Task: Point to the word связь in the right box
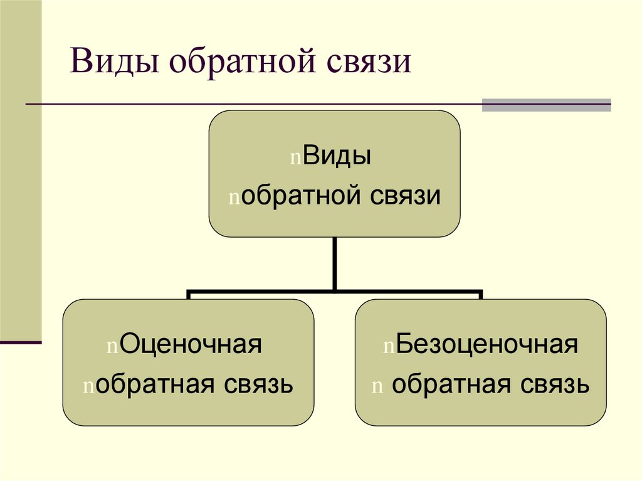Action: coord(557,384)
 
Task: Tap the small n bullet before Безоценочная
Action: coord(389,346)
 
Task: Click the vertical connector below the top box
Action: coord(335,263)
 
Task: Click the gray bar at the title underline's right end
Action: coord(546,105)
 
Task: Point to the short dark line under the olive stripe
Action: coord(21,343)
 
